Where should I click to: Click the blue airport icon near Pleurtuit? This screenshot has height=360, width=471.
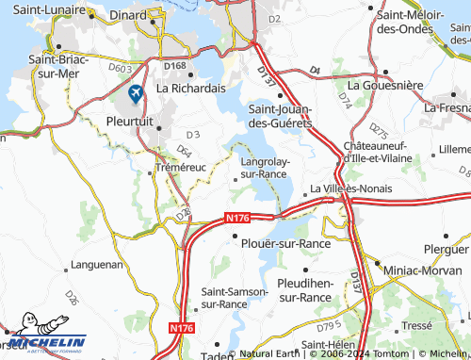click(136, 93)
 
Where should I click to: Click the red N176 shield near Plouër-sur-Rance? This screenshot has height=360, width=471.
click(238, 219)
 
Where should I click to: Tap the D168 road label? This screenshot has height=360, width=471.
click(175, 66)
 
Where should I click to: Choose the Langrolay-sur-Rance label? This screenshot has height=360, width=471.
click(264, 167)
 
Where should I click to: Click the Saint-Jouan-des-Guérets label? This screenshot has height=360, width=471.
click(280, 116)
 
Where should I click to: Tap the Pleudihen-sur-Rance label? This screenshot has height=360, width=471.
click(303, 289)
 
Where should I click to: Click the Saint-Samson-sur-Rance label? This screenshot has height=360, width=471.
click(235, 298)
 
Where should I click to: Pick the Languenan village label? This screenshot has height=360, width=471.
click(97, 265)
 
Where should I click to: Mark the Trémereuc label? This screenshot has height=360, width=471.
click(180, 168)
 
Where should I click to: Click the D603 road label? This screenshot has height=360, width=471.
click(120, 68)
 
